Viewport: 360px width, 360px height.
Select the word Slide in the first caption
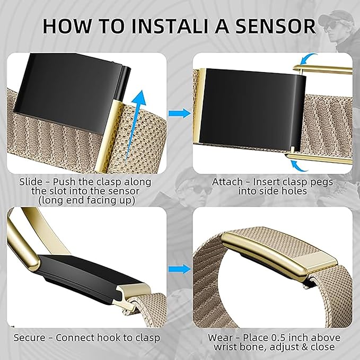(31, 182)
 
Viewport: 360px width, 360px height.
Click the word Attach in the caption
(227, 182)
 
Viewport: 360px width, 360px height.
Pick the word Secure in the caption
(29, 338)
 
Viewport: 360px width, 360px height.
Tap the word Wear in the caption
(220, 338)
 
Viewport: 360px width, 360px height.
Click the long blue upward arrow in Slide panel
(135, 125)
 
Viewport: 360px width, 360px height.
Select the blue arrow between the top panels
(180, 113)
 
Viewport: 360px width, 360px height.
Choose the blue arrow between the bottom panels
(180, 269)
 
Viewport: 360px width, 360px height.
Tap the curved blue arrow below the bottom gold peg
(299, 166)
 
